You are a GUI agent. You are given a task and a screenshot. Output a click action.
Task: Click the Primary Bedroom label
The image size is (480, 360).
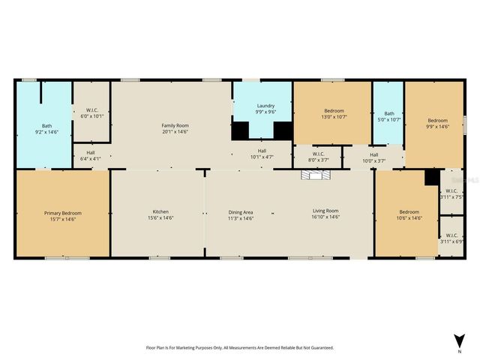pos(63,215)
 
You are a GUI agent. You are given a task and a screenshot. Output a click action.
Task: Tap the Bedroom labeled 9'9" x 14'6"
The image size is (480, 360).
pos(437,124)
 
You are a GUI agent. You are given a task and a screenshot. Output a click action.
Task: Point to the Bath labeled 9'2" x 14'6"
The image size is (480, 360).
pos(46,129)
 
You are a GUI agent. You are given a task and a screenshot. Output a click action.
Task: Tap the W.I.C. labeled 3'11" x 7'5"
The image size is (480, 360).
pos(451,193)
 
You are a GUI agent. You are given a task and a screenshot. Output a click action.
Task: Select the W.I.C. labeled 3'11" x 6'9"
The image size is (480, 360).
pos(451,238)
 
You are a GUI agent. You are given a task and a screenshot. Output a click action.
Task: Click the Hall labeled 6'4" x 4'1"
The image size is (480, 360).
pos(90,155)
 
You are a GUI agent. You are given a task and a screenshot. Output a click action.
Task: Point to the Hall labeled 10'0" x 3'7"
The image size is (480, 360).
pos(373,157)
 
